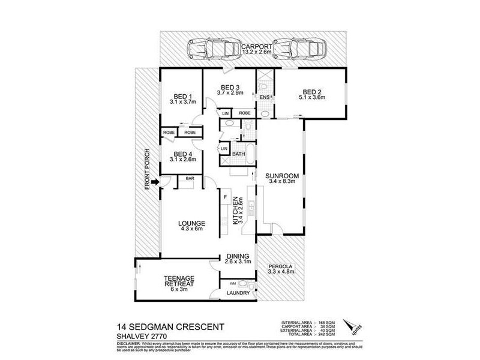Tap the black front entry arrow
click(155, 182)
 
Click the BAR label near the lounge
click(189, 179)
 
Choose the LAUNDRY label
click(238, 293)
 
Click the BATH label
click(238, 154)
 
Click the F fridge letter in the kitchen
click(226, 197)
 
